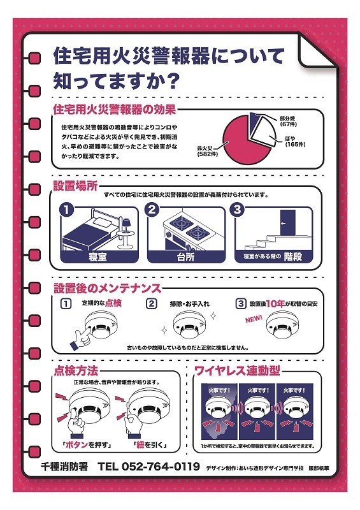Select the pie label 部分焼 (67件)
(288, 121)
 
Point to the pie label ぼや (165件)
(295, 142)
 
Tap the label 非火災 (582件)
(207, 151)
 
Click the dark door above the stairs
(288, 222)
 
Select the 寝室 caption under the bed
(97, 257)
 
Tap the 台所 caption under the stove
(185, 257)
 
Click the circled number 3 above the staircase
(237, 210)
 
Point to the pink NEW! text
(254, 319)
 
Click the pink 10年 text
(275, 303)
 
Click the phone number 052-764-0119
(161, 467)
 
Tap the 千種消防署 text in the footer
(64, 467)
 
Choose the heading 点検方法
(76, 371)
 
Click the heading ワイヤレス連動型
(237, 370)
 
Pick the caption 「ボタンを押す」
(87, 445)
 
